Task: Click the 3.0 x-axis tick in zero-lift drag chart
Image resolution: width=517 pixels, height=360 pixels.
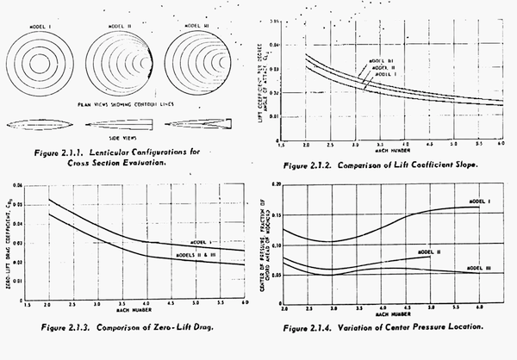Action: click(102, 304)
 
